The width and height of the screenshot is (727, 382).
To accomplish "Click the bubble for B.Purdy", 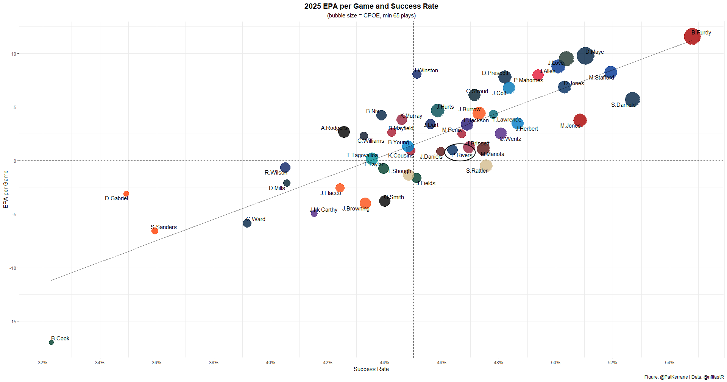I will pyautogui.click(x=692, y=37).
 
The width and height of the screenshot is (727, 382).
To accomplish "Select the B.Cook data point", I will pyautogui.click(x=51, y=342).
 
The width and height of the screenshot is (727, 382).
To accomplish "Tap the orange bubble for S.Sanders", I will pyautogui.click(x=154, y=231).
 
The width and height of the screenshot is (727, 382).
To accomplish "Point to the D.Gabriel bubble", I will pyautogui.click(x=126, y=194).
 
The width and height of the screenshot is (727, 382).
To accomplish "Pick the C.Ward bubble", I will pyautogui.click(x=247, y=223).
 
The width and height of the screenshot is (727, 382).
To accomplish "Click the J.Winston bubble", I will pyautogui.click(x=417, y=74).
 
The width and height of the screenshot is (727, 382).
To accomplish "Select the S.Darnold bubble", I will pyautogui.click(x=632, y=100).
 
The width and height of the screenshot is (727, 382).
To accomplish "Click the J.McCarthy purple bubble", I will pyautogui.click(x=314, y=214).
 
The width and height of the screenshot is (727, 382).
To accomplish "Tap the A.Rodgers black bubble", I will pyautogui.click(x=343, y=132).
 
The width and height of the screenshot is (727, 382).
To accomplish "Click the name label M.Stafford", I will pyautogui.click(x=601, y=78).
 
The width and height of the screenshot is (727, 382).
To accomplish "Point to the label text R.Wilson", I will pyautogui.click(x=276, y=173).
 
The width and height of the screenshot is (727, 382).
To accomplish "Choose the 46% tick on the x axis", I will pyautogui.click(x=442, y=363).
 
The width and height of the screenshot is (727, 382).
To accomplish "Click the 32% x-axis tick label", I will pyautogui.click(x=43, y=363).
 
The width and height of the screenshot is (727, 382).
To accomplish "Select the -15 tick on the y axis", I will pyautogui.click(x=13, y=322).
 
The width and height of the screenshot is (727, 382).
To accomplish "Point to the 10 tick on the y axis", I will pyautogui.click(x=14, y=54).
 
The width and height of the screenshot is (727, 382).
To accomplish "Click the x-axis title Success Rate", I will pyautogui.click(x=371, y=369).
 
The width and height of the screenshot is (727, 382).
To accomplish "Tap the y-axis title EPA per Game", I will pyautogui.click(x=6, y=189).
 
